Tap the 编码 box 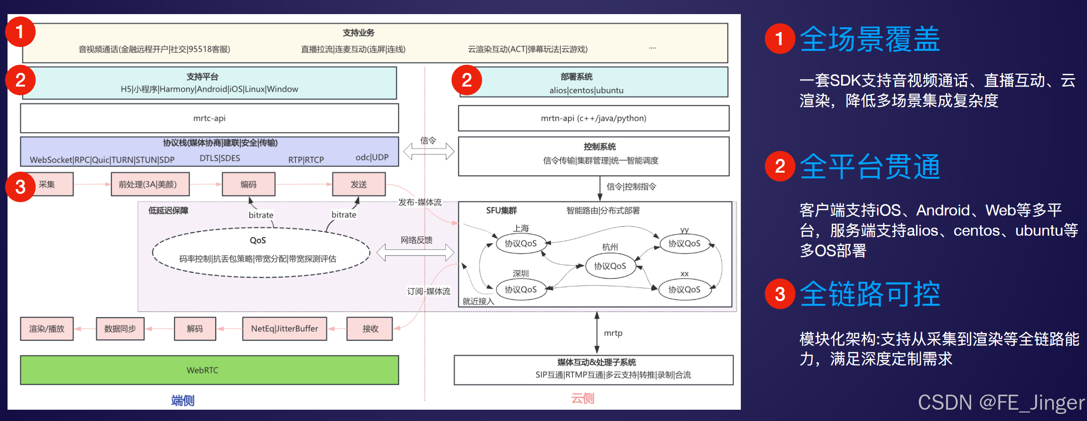[248, 184]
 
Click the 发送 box [358, 184]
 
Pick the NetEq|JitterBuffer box [284, 328]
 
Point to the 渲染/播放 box [47, 328]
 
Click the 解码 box [195, 328]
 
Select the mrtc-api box [209, 118]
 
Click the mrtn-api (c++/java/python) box [593, 118]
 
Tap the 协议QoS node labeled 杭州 [610, 266]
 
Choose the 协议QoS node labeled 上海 [520, 244]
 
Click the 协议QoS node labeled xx [684, 290]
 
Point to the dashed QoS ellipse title [258, 240]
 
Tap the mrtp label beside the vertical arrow [613, 333]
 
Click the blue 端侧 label [183, 400]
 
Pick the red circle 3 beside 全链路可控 [780, 294]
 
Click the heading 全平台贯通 [869, 167]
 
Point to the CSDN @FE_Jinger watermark [1001, 403]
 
